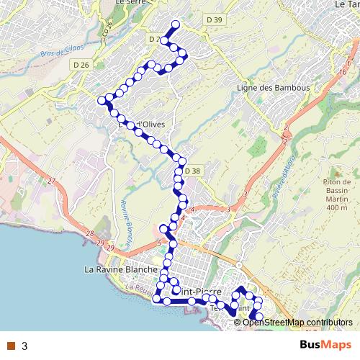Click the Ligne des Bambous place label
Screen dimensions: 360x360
tap(273, 88)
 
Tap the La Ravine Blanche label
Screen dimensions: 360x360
tap(121, 269)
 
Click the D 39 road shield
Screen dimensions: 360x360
tap(213, 20)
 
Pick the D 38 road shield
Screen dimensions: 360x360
tap(192, 171)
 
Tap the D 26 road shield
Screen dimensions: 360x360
tap(81, 65)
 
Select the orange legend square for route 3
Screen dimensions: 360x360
tap(11, 346)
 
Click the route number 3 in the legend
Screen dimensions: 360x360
tap(24, 346)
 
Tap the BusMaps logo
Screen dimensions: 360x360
tap(325, 346)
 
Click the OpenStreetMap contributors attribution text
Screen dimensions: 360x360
tap(297, 323)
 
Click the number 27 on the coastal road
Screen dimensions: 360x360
tap(51, 181)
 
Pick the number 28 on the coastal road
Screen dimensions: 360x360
tap(89, 233)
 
